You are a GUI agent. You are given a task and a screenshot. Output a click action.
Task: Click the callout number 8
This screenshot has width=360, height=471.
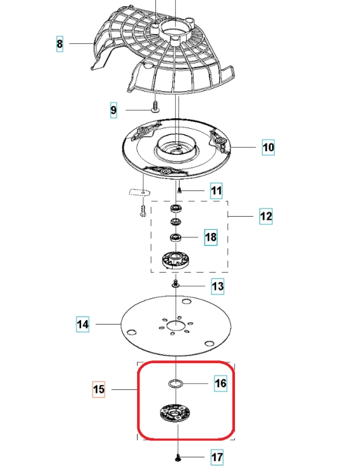coord(60,44)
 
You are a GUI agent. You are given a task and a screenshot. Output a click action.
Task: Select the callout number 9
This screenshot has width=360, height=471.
coord(113,111)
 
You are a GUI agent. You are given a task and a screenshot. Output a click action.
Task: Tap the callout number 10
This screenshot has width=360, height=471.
coord(268,147)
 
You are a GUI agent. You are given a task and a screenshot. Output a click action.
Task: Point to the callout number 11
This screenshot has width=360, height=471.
coord(216,191)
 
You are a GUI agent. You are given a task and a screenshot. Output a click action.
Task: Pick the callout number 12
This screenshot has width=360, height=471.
coord(266,216)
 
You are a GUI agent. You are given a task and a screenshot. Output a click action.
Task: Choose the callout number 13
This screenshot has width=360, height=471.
coord(217,286)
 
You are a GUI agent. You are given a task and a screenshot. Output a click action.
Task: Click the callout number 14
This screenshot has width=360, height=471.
coord(83,325)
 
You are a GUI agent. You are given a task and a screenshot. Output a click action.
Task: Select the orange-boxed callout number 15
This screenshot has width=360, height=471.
coord(99,389)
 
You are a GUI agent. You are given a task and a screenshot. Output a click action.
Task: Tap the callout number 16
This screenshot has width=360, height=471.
coord(221,383)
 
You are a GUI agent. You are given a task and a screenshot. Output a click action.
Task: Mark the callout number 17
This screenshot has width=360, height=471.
coord(217,457)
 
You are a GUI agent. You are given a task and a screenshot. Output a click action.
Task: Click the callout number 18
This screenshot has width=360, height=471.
coord(210,237)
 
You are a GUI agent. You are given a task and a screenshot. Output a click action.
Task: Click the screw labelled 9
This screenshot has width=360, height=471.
coord(155,107)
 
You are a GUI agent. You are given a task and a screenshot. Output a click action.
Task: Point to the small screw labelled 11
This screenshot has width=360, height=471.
coord(180,190)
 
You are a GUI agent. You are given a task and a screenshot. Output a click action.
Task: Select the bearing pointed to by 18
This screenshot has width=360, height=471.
coord(175,237)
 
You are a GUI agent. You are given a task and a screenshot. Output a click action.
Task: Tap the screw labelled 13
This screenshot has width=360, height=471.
coord(175,283)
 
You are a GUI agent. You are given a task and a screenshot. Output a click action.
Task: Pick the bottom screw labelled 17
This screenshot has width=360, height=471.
coord(178,458)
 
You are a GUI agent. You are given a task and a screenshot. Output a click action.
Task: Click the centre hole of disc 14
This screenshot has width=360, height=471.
coord(175,325)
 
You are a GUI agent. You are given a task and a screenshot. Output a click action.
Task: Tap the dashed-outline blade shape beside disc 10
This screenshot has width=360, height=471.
coord(139,192)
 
